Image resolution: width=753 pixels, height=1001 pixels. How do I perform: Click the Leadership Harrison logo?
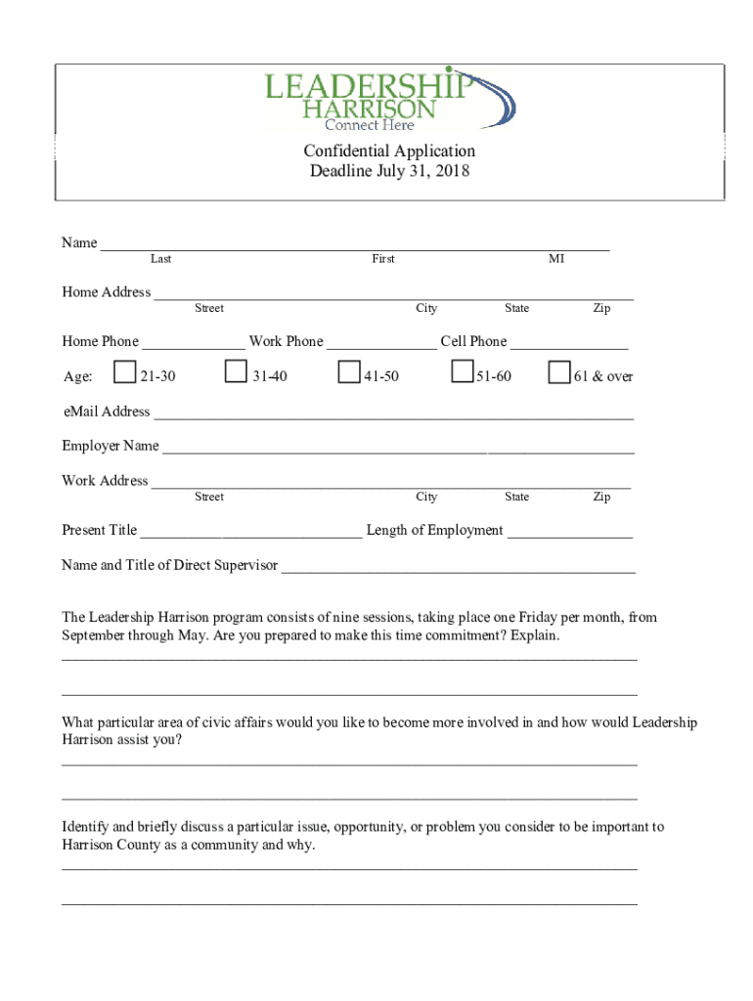point(389,99)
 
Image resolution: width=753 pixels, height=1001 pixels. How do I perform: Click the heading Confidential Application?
point(389,151)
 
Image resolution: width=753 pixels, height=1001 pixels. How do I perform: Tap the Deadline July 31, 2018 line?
point(389,172)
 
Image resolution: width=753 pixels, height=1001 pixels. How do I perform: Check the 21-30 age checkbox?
point(124,372)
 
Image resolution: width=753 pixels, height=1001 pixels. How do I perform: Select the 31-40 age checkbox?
point(236,372)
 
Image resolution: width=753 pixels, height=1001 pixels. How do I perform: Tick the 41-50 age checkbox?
point(349,372)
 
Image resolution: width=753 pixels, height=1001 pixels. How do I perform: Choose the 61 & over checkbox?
point(559,372)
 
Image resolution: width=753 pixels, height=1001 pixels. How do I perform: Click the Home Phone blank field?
point(193,343)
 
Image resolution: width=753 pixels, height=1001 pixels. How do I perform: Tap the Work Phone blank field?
point(381,343)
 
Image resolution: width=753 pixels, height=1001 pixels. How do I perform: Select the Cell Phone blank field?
point(569,343)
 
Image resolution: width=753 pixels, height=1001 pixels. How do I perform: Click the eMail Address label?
point(106,412)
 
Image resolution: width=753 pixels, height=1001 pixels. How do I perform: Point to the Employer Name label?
point(111,446)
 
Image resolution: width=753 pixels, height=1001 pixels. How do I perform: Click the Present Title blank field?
point(251,532)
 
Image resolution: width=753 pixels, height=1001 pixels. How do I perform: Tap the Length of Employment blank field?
point(570,532)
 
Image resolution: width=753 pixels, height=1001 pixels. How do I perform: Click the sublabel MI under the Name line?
point(556,259)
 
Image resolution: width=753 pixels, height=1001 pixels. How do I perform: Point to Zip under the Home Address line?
point(601,309)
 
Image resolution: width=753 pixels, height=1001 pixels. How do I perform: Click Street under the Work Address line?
point(209,498)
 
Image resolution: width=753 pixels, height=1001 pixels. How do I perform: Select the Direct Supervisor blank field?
point(459,567)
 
